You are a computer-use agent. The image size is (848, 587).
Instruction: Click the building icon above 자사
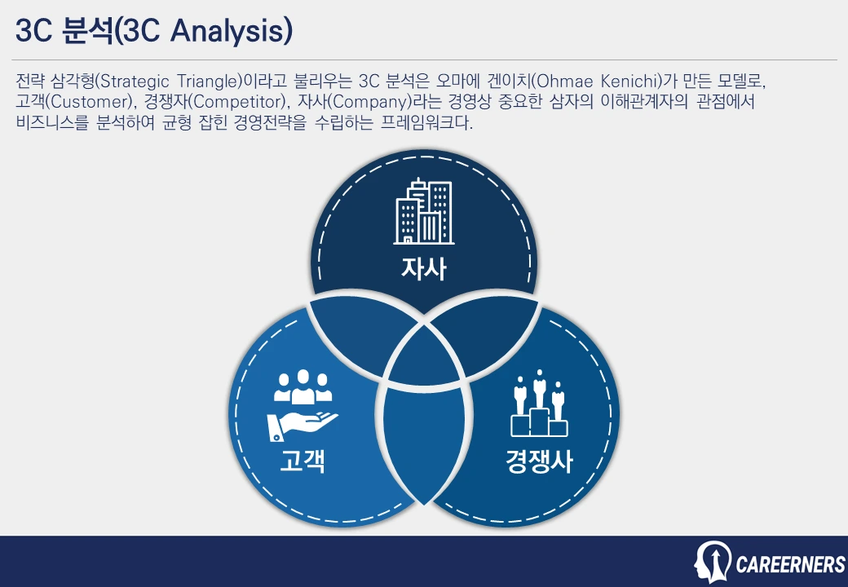(x=423, y=211)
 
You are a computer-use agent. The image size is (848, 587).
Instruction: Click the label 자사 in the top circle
(x=423, y=269)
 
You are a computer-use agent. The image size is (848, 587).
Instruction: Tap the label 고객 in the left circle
(x=303, y=461)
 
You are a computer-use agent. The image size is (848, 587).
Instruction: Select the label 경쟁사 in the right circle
(x=538, y=462)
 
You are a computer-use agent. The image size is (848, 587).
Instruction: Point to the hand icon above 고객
(x=303, y=426)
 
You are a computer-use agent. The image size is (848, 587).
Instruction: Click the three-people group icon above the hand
(x=303, y=386)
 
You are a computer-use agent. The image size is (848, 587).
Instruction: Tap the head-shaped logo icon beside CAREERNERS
(x=711, y=561)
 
